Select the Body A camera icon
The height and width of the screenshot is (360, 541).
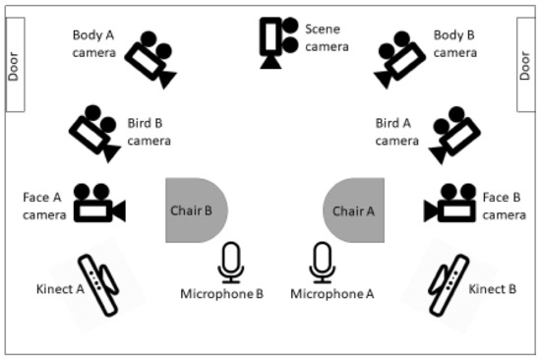click(152, 59)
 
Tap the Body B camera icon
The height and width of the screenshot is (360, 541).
click(398, 59)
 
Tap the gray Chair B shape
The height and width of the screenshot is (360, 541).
click(196, 210)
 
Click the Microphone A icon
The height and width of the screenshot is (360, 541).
click(321, 261)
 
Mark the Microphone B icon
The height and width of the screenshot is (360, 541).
click(230, 261)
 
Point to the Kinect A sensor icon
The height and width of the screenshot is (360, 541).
click(99, 284)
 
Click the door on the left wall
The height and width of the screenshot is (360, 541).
click(15, 66)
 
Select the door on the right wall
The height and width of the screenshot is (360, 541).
click(526, 66)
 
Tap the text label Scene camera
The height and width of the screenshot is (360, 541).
click(327, 37)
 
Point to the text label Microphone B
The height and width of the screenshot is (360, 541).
click(222, 293)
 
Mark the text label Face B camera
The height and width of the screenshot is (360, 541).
click(505, 206)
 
